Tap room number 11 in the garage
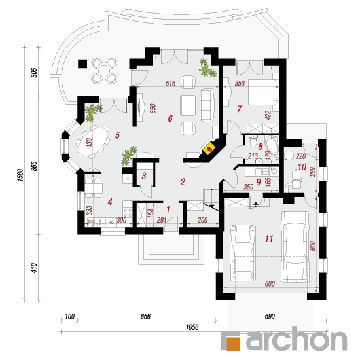point(269,238)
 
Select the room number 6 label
point(170,118)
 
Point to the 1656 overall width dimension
point(192,327)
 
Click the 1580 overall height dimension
point(20,175)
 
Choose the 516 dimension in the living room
point(171,83)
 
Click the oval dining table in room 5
point(93,141)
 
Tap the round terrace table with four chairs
point(105,71)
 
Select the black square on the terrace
point(82,63)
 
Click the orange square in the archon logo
point(233,344)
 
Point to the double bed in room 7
point(264,92)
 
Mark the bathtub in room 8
point(272,145)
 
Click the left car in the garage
point(243,253)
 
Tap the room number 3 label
point(144,176)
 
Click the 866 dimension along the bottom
point(145,316)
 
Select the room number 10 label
point(302,167)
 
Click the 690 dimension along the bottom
point(270,316)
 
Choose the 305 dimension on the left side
point(34,73)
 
